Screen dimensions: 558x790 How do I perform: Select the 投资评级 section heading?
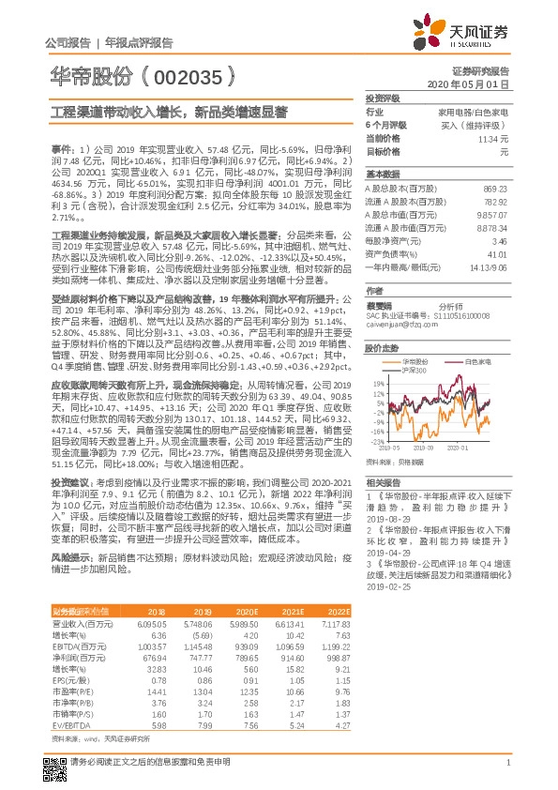coord(383,98)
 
